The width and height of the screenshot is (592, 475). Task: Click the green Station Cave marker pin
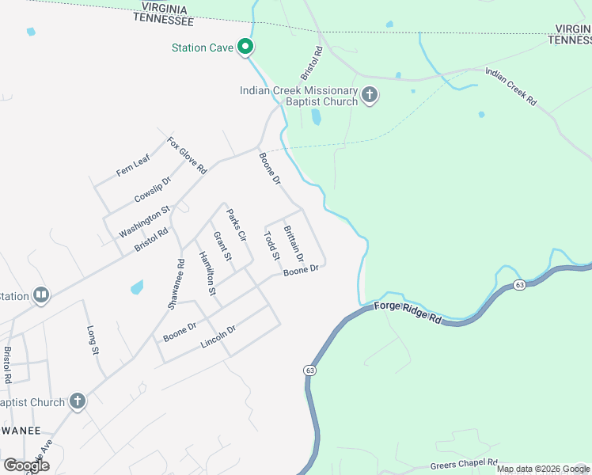tap(245, 47)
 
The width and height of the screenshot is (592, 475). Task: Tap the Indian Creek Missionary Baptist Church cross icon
tap(370, 97)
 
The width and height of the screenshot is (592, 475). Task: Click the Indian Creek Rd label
tap(510, 87)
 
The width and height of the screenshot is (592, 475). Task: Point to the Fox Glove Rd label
tap(187, 155)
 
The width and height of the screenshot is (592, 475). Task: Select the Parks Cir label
tap(237, 225)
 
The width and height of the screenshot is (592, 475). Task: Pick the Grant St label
tap(222, 247)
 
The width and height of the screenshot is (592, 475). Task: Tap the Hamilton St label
tap(207, 273)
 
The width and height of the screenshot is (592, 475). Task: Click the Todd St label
tap(271, 245)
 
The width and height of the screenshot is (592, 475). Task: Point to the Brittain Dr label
tap(294, 244)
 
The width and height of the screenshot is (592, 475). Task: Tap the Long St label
tap(92, 339)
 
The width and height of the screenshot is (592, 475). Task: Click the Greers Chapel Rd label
tap(464, 464)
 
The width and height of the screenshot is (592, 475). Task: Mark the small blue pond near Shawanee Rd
tap(137, 287)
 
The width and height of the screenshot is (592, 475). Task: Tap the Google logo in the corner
tap(26, 465)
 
